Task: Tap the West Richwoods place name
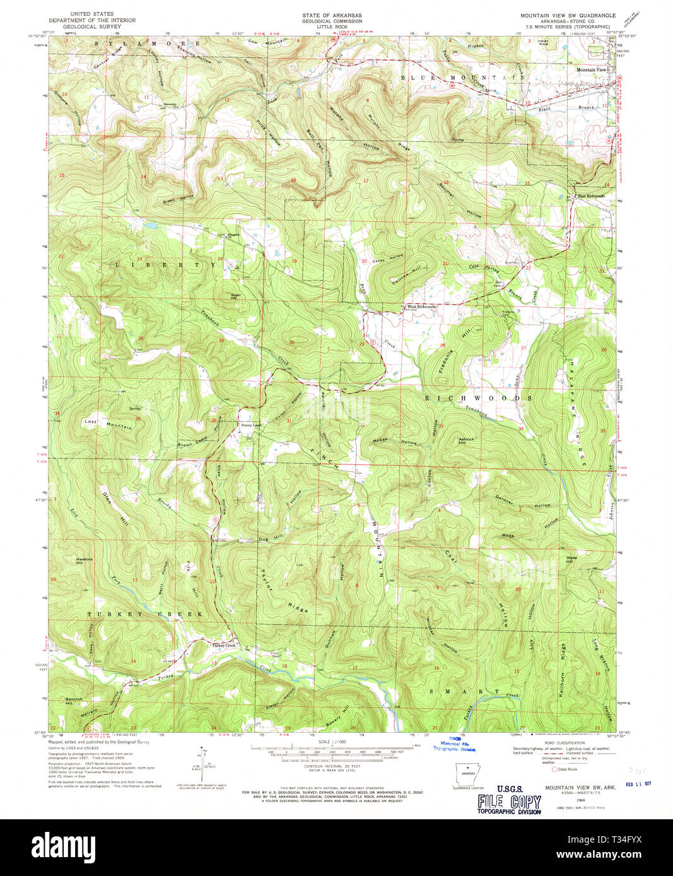(419, 307)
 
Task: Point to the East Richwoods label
(591, 196)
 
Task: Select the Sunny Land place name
(250, 425)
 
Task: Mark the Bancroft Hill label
(74, 701)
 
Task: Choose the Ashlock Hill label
(466, 441)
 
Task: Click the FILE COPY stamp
(509, 802)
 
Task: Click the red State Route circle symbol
(555, 769)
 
